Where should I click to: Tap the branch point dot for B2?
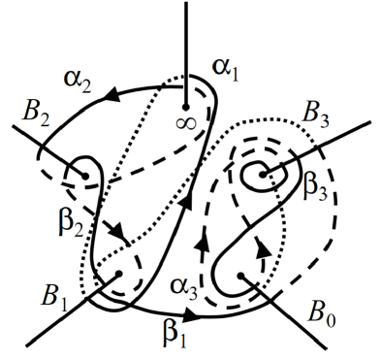click(x=87, y=177)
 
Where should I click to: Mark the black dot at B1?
click(x=114, y=275)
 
